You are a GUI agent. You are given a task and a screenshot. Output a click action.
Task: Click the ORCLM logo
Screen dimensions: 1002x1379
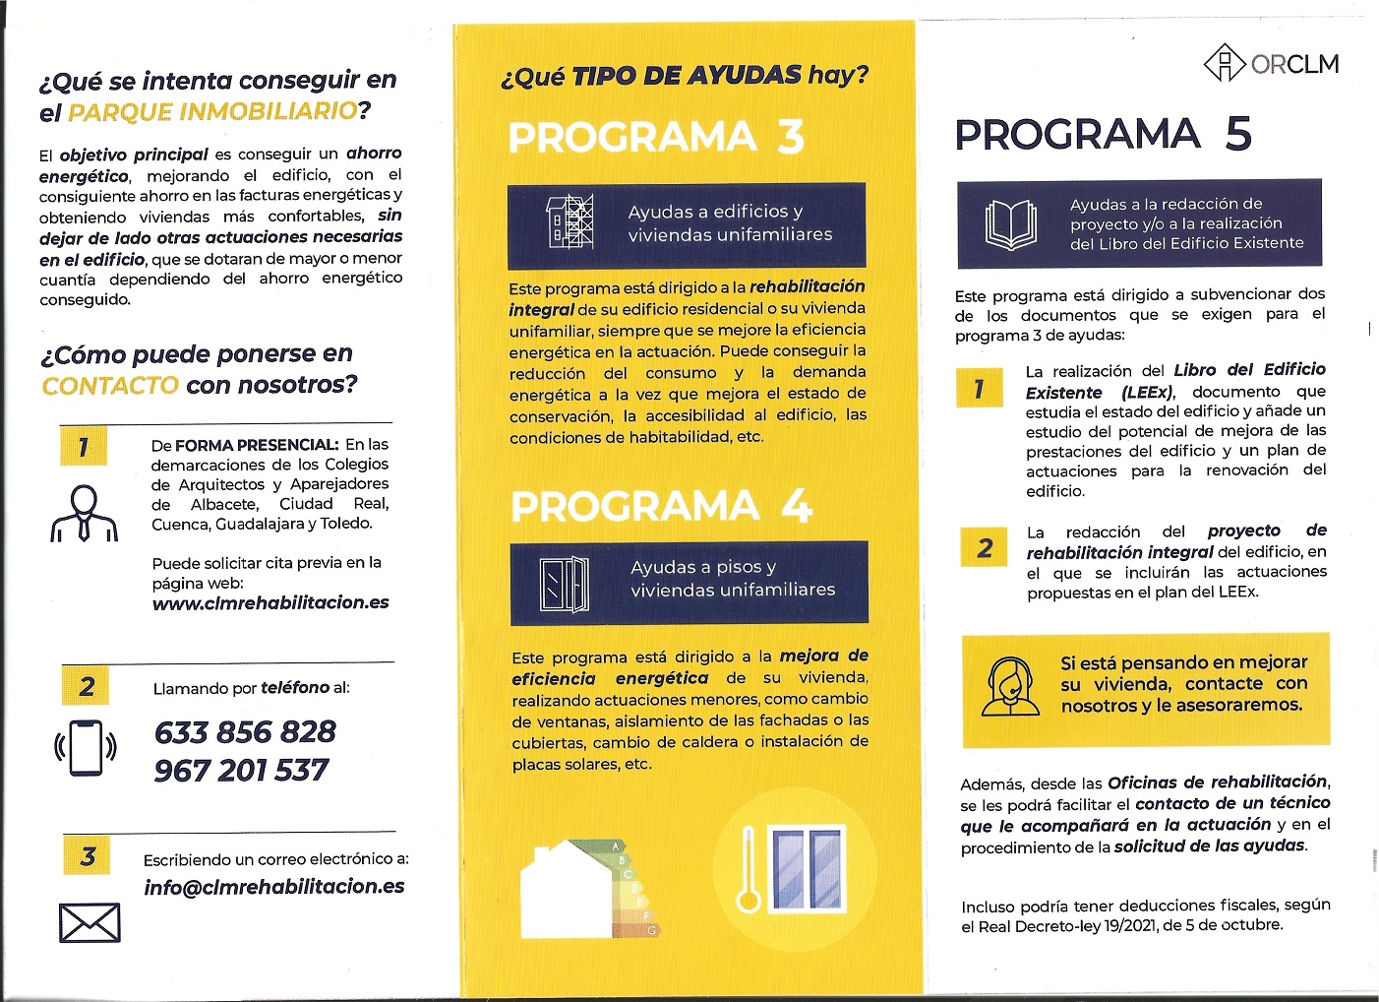coord(1271,64)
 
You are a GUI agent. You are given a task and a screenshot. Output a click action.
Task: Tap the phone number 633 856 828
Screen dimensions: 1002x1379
coord(245,732)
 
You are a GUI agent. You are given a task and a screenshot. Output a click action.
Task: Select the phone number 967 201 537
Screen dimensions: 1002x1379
coord(241,771)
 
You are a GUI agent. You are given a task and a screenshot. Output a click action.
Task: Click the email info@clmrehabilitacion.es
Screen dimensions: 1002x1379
coord(274,887)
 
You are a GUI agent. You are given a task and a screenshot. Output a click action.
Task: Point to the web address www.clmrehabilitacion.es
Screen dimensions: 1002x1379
coord(270,602)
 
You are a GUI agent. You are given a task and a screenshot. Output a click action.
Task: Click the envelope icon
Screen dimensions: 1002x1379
coord(90,923)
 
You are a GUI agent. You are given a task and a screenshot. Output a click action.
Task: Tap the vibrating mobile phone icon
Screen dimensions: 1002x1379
coord(86,748)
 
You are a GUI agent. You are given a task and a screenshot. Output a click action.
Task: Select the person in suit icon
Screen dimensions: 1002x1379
coord(85,514)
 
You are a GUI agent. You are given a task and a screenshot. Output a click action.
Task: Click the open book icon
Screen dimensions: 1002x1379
coord(1010,225)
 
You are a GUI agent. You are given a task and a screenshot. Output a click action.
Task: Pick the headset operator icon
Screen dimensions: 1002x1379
coord(1010,688)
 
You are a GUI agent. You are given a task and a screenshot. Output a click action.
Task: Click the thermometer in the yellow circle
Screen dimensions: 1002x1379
coord(749,871)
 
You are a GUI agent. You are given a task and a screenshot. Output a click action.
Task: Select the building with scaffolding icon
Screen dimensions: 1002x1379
coord(570,221)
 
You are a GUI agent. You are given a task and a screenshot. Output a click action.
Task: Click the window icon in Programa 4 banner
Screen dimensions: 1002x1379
coord(565,584)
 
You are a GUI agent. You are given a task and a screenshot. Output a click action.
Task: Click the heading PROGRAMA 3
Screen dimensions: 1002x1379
coord(656,137)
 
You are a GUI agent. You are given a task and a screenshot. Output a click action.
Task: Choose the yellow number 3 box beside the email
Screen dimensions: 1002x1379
coord(88,856)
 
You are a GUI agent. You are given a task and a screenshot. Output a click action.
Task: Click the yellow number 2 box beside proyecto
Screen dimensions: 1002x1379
coord(985,548)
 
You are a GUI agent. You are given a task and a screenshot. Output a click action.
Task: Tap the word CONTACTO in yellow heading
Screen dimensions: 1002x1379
coord(110,385)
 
